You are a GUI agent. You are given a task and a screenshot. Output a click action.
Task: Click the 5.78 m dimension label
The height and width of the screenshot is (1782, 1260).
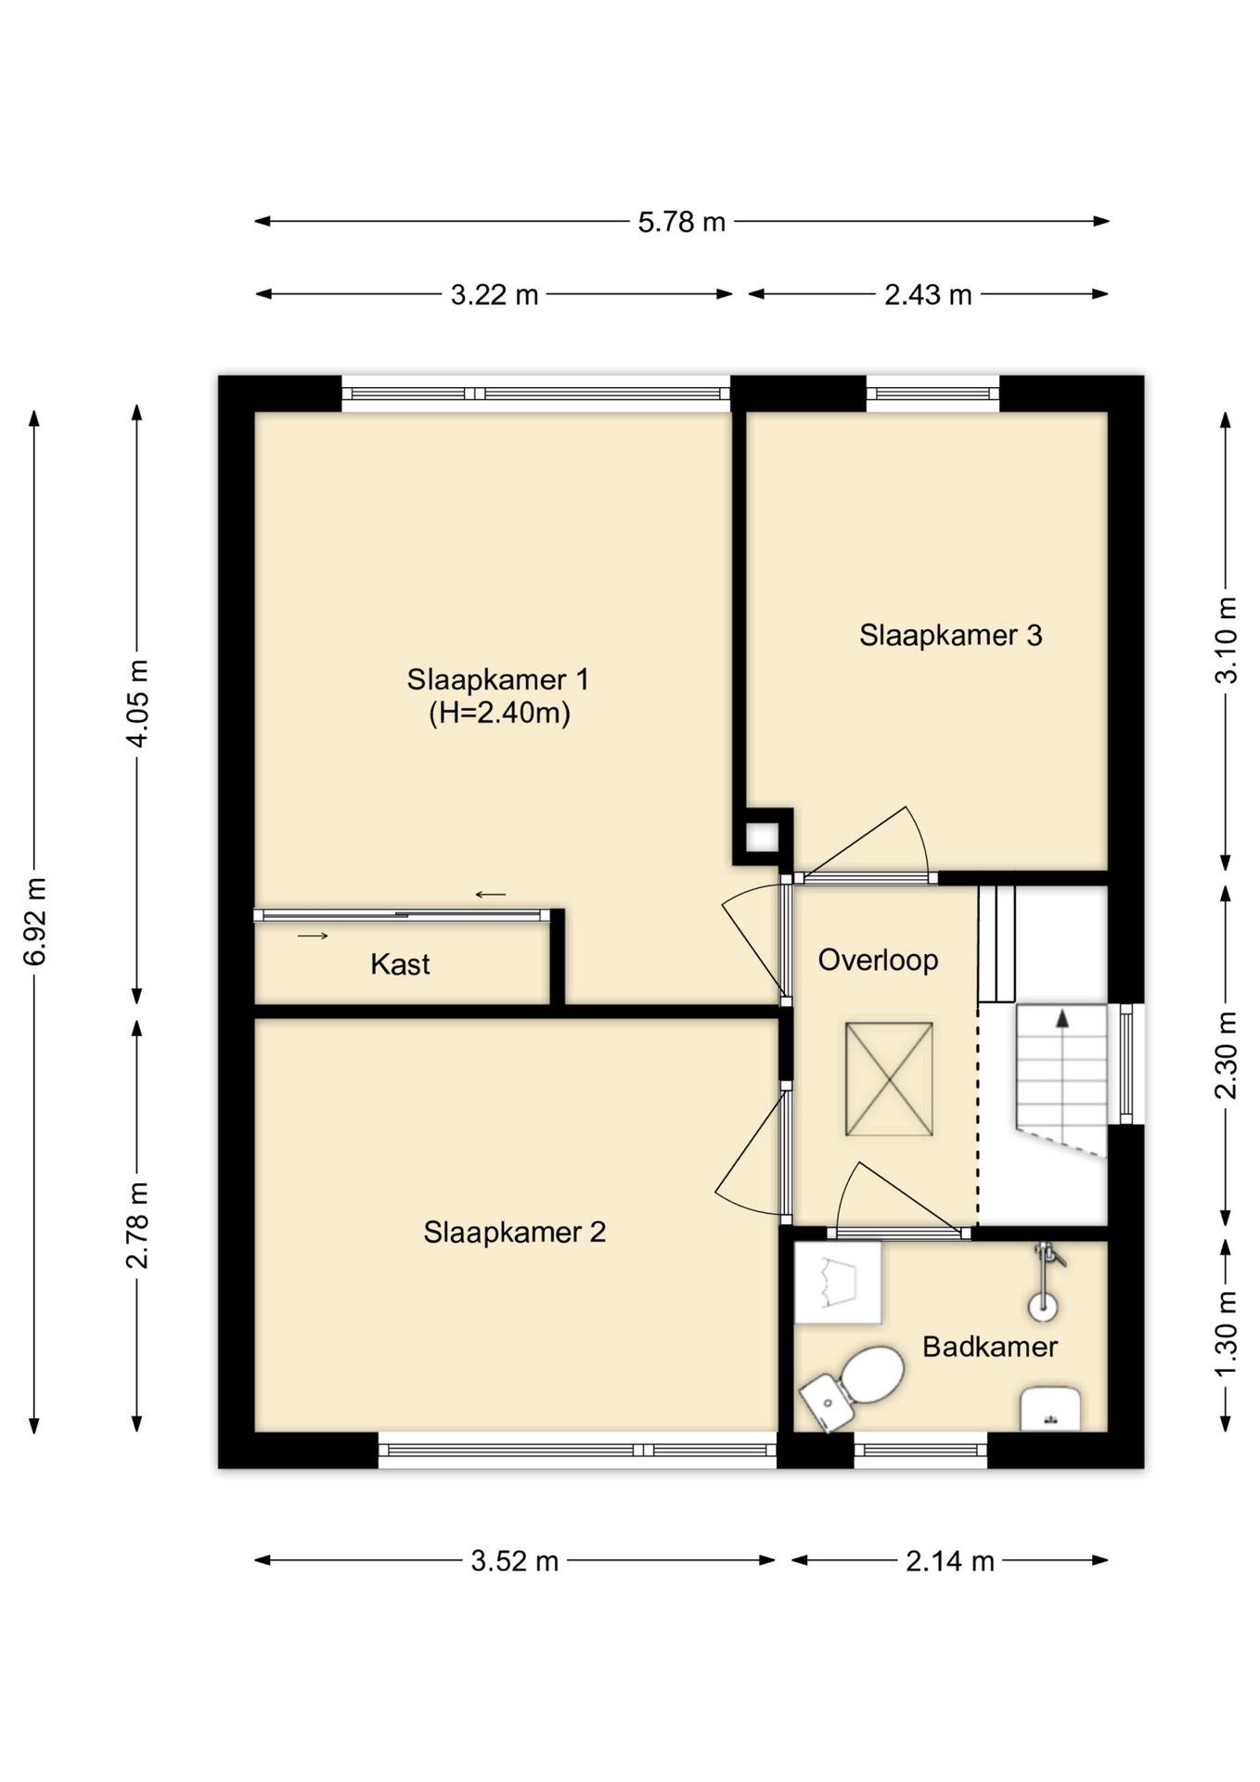tap(681, 223)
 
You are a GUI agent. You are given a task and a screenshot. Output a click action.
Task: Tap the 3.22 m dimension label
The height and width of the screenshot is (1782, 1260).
tap(495, 295)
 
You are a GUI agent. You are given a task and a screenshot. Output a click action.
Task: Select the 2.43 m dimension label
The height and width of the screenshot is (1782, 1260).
tap(928, 295)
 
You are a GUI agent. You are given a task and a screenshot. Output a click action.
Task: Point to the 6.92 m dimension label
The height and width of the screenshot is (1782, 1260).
tap(35, 921)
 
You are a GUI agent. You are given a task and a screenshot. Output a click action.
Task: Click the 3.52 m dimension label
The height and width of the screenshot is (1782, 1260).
tap(515, 1561)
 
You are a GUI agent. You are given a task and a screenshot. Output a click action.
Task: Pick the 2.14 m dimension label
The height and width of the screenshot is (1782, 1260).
tap(950, 1561)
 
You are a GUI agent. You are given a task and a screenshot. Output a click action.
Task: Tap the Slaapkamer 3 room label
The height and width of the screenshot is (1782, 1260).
tap(950, 635)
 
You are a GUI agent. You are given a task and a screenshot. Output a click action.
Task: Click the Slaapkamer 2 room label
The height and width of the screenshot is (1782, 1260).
tap(515, 1232)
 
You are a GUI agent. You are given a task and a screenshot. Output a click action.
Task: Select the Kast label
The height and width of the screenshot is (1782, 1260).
tap(400, 964)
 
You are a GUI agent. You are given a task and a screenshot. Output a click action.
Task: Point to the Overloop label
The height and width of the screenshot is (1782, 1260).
tap(878, 961)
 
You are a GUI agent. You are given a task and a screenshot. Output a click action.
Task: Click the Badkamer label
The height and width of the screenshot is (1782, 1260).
tap(990, 1347)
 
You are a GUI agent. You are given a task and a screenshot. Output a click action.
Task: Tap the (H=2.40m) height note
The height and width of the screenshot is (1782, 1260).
tap(499, 713)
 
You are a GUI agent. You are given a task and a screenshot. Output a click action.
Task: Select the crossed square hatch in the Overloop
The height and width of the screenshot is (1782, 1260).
tap(889, 1079)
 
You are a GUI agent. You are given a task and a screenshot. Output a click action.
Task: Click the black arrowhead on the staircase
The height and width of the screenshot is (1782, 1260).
tap(1062, 1019)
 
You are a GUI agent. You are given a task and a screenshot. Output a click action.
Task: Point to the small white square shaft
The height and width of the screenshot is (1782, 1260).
tap(763, 838)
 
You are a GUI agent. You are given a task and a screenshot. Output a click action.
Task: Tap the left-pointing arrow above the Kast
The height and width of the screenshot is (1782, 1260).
tap(491, 895)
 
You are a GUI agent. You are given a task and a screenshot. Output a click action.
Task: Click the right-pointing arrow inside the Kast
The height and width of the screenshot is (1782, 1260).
tap(313, 936)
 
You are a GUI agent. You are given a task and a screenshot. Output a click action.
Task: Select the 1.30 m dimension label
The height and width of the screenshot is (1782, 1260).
tap(1227, 1336)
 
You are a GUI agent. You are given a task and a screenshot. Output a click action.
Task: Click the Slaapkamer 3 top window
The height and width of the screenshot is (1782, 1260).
tap(933, 394)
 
